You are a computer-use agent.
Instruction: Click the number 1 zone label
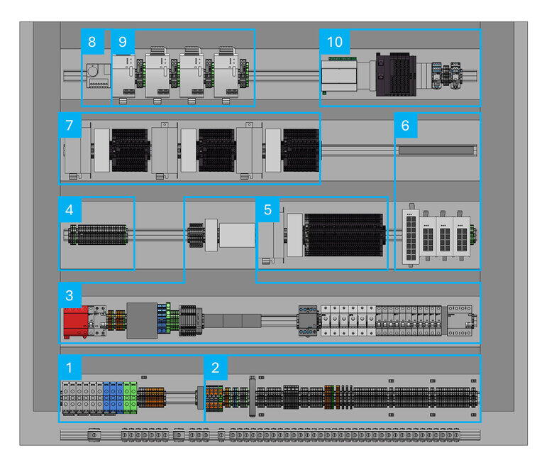click(x=69, y=368)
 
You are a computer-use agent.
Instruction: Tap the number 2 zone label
click(x=216, y=368)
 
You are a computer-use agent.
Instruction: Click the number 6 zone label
click(x=405, y=126)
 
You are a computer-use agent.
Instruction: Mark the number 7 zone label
click(x=69, y=126)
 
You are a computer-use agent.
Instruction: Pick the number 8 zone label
click(x=92, y=41)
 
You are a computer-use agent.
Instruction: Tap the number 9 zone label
click(x=123, y=41)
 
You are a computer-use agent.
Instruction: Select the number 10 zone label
click(x=334, y=41)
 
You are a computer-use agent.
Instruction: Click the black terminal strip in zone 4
click(x=97, y=234)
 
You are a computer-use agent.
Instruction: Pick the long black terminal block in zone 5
click(x=343, y=234)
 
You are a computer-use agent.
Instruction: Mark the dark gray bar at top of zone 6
click(x=436, y=149)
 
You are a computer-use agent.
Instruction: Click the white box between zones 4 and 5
click(x=236, y=235)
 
